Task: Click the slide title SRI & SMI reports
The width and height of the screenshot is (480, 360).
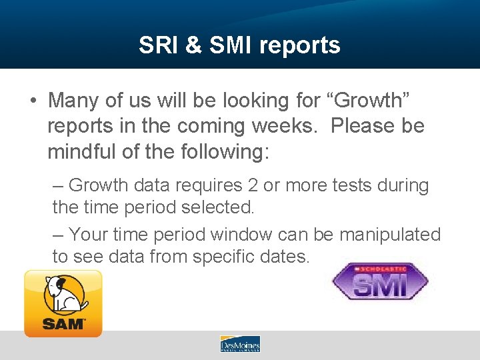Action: (239, 45)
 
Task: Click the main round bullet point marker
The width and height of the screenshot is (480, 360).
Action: (33, 101)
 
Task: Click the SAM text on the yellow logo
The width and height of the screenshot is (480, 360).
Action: (63, 324)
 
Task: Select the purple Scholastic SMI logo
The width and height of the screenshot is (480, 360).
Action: (379, 281)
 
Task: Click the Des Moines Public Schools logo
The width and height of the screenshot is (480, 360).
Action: (240, 344)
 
